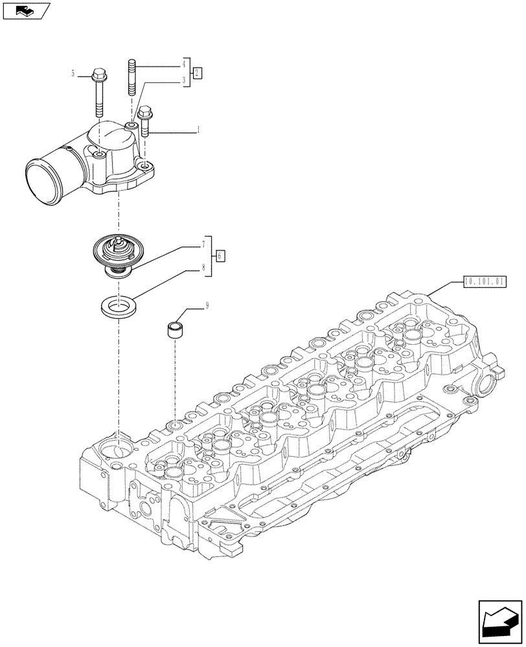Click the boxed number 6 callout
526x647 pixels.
[x=220, y=256]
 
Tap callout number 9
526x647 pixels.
[x=207, y=307]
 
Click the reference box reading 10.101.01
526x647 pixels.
[x=485, y=281]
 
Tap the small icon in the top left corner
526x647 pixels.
[x=26, y=10]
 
